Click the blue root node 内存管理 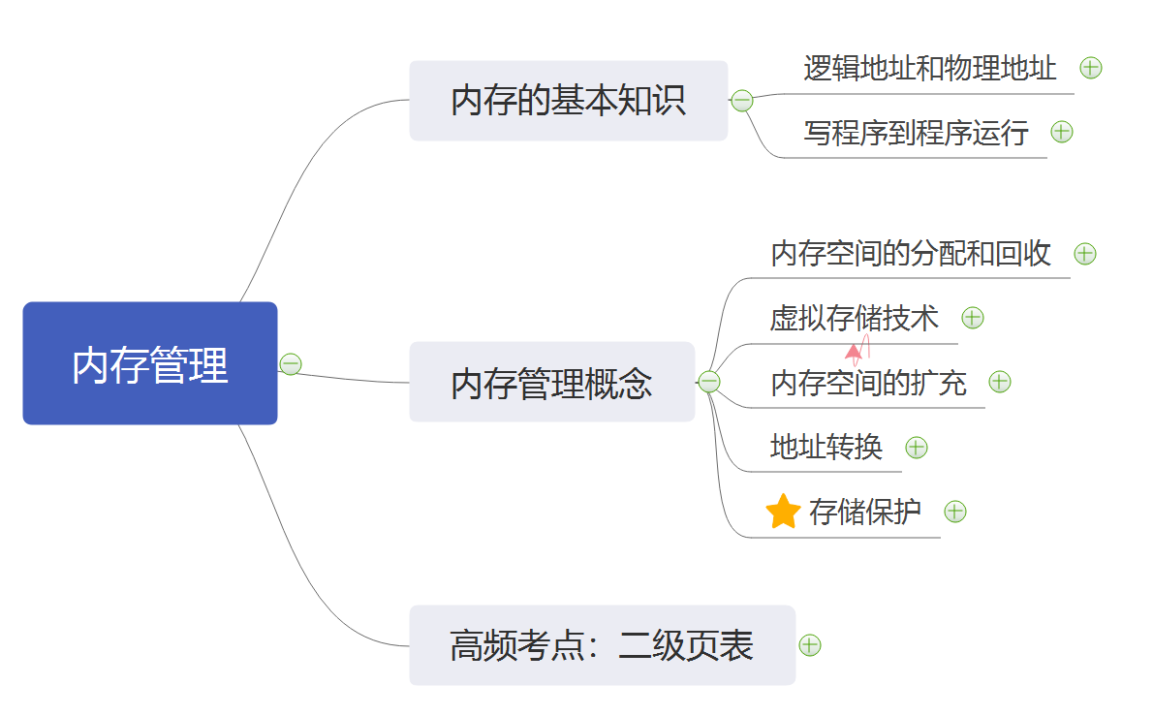click(150, 363)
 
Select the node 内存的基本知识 click(568, 101)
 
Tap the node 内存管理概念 click(551, 383)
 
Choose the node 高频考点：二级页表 click(602, 645)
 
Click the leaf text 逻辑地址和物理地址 click(930, 68)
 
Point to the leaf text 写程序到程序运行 click(916, 132)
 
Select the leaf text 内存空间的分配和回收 click(911, 253)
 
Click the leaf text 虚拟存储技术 click(854, 317)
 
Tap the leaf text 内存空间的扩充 click(868, 382)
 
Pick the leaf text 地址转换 click(826, 447)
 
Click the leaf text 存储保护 click(864, 511)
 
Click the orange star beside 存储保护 click(782, 512)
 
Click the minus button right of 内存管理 click(291, 364)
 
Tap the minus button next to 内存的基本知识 click(742, 101)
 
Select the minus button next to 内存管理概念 click(709, 383)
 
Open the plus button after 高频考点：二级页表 click(810, 645)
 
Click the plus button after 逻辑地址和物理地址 click(1091, 68)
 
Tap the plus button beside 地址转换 click(917, 448)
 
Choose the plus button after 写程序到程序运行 click(1062, 132)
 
